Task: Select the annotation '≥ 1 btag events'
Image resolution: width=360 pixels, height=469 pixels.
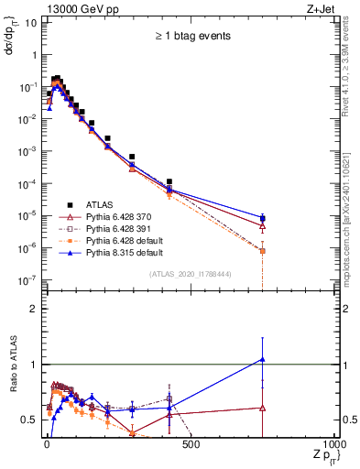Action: pos(191,37)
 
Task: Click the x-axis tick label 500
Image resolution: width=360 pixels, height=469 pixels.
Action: pos(190,444)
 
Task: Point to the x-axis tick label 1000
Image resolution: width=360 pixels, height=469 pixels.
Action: pos(333,444)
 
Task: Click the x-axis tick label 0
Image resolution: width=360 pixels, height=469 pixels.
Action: pos(46,444)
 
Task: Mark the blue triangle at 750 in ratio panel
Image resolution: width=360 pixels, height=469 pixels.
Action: pos(262,359)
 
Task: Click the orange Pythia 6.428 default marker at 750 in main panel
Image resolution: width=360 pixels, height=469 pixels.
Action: pos(262,251)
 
